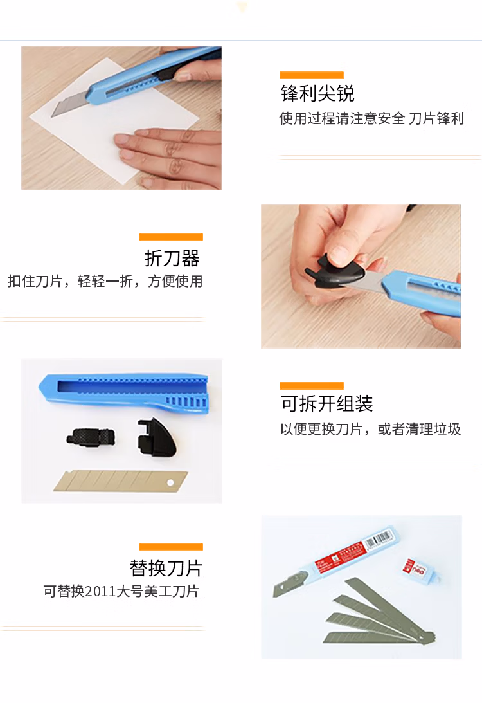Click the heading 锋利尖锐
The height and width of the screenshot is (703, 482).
pos(317,93)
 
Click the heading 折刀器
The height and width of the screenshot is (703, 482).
pos(172,259)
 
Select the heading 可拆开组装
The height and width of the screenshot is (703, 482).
pos(326,403)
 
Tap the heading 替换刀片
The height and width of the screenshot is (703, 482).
pos(166,568)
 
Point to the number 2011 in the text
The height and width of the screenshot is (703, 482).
pos(100,591)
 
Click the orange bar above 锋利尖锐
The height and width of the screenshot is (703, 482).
pos(311,75)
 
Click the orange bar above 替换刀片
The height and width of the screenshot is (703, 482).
pos(171,547)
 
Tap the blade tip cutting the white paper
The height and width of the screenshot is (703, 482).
pos(53,114)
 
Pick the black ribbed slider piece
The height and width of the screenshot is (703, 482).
pos(91,437)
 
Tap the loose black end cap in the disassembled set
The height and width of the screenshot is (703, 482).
pos(156,437)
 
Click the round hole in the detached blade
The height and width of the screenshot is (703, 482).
pos(170,482)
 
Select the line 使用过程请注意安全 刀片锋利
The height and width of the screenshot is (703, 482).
pos(372,118)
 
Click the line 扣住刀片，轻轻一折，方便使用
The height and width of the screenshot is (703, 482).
pos(105,281)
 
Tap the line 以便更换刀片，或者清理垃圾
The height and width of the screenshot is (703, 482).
pos(371,429)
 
